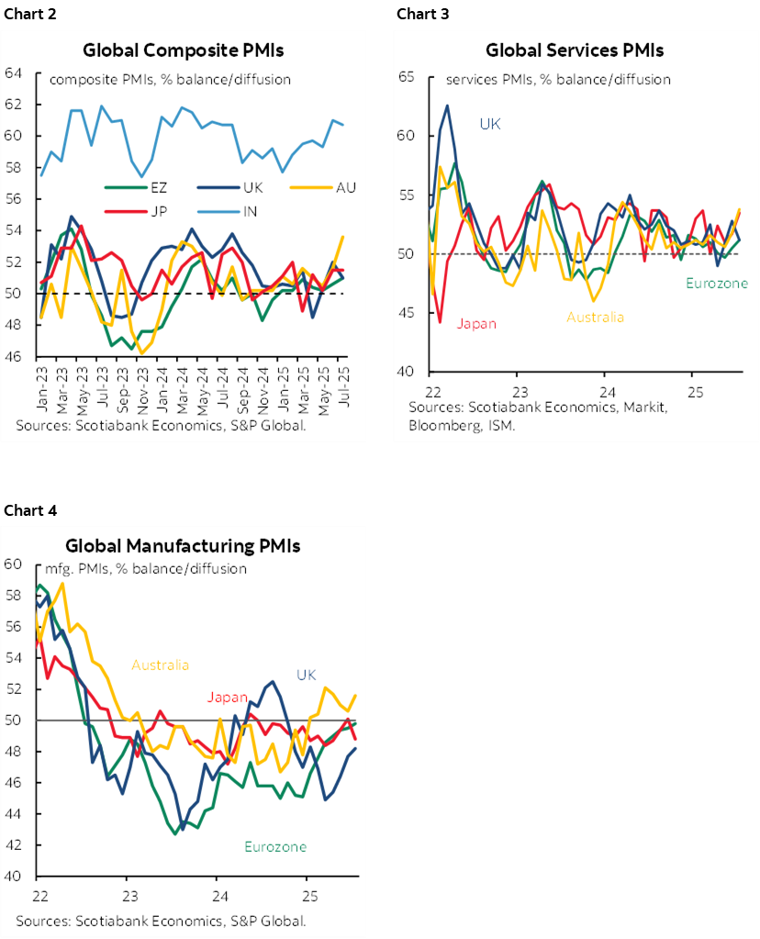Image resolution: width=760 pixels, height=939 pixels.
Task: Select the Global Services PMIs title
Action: pos(575,50)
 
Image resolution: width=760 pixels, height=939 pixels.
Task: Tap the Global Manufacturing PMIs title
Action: pos(183,546)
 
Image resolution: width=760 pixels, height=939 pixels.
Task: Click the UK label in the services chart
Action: pos(490,123)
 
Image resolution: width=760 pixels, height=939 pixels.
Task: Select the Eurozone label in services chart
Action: pos(717,284)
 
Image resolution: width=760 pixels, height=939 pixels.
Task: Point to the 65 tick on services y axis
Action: pos(407,78)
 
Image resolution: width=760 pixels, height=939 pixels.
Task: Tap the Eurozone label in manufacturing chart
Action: pos(275,846)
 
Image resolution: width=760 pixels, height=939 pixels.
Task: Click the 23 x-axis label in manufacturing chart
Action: pos(129,895)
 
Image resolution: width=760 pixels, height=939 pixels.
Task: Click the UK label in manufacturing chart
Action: pos(306,675)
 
